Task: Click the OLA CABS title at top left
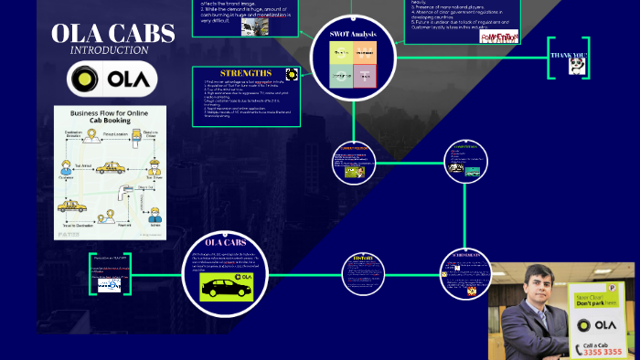click(x=112, y=34)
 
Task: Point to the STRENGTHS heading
click(x=245, y=72)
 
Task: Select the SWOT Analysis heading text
click(x=354, y=34)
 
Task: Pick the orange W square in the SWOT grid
click(x=365, y=53)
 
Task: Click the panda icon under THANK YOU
click(x=576, y=67)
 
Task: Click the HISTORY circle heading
click(x=358, y=258)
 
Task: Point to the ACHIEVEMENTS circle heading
click(x=466, y=255)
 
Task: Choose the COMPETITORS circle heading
click(x=466, y=146)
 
